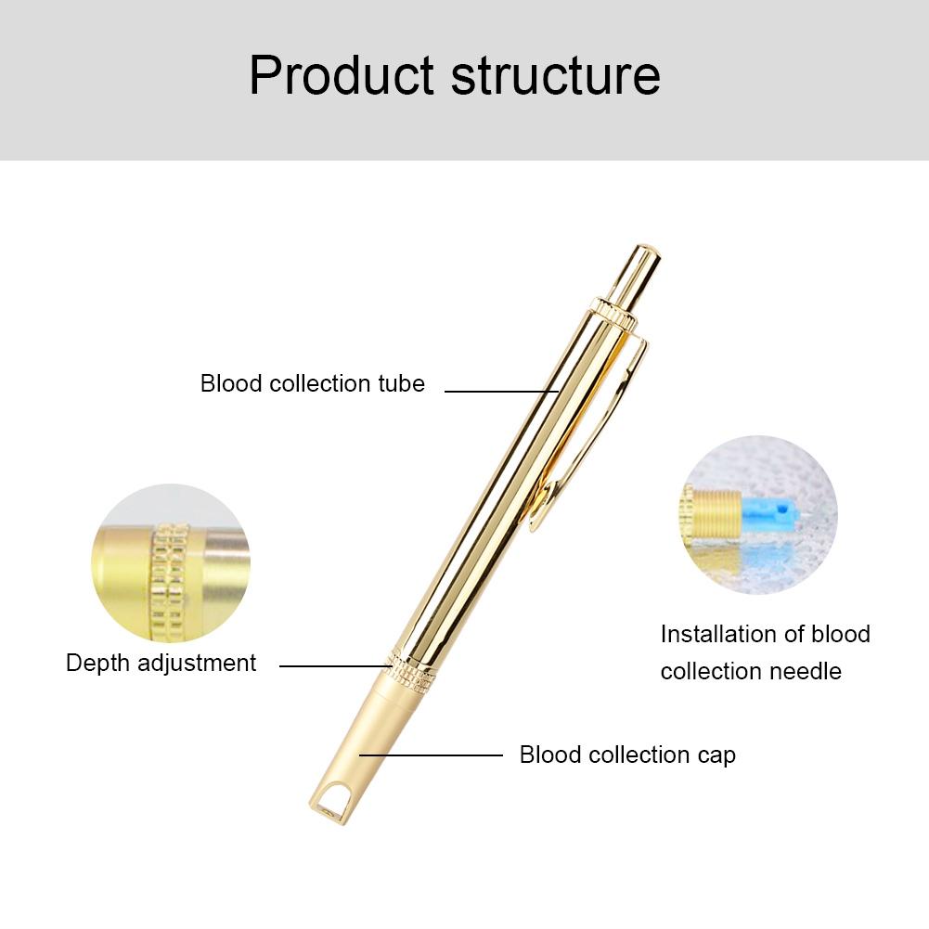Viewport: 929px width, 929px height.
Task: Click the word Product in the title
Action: (x=342, y=75)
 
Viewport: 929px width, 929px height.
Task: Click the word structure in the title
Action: (x=556, y=75)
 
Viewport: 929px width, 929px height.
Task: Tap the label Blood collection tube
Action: (x=312, y=383)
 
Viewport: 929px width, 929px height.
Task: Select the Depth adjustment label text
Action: (x=161, y=664)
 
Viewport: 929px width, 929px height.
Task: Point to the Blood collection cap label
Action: (x=627, y=755)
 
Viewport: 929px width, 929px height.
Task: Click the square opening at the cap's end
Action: (x=329, y=804)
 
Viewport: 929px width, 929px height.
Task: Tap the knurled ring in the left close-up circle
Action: (x=170, y=582)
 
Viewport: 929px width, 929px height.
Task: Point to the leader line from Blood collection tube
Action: (x=502, y=391)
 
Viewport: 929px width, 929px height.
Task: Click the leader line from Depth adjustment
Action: (x=336, y=666)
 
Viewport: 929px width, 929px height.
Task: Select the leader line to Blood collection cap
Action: (x=431, y=755)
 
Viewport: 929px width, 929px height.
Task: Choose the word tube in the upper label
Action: (x=401, y=383)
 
